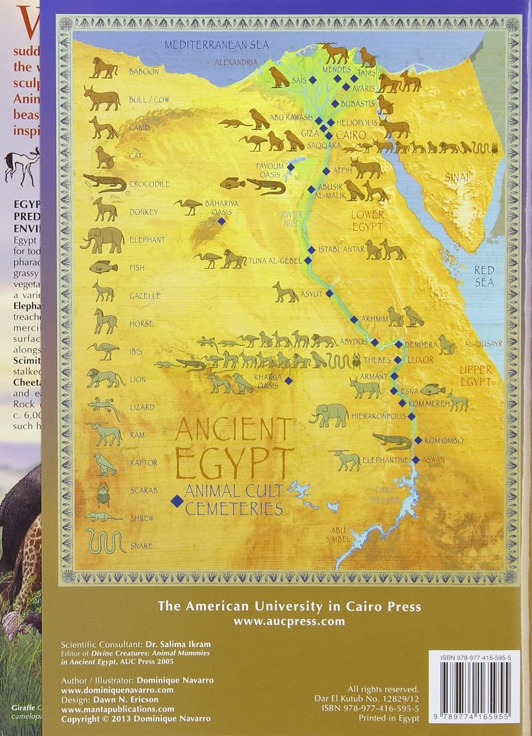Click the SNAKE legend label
coord(141,546)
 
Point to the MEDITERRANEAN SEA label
coord(217,45)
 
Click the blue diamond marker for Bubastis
coord(335,104)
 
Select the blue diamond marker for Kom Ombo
coord(418,440)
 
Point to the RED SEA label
coord(484,276)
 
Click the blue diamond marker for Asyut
coord(330,293)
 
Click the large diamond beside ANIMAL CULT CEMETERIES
coord(175,500)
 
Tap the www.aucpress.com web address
coord(289,621)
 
